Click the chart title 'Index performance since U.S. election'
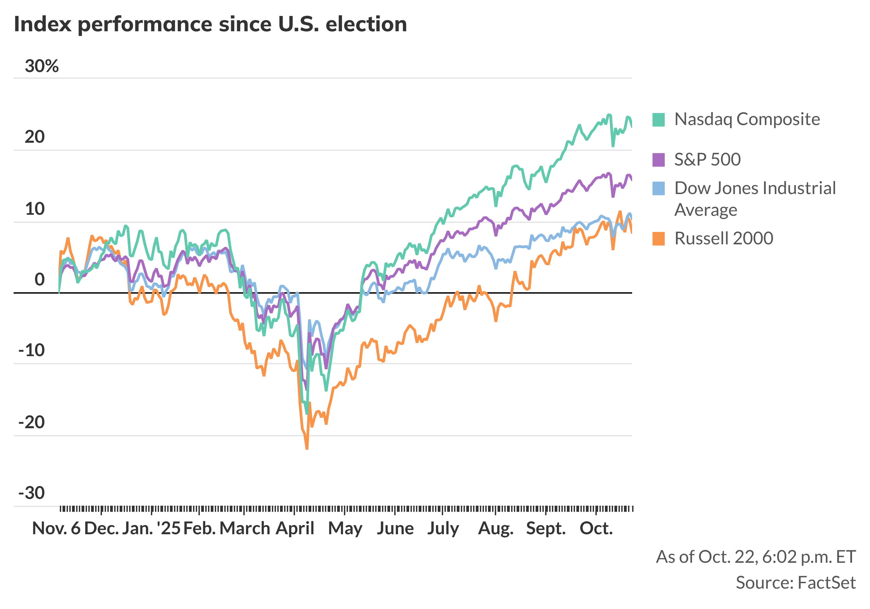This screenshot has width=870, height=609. coord(210,24)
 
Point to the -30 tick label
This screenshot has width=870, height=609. coord(32,493)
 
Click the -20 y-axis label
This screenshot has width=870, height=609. coord(32,422)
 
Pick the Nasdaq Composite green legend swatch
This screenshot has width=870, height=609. coord(659,120)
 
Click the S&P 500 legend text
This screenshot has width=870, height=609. coord(707,159)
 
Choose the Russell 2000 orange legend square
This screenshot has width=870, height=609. coord(659,239)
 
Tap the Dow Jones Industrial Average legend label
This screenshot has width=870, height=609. coord(755,198)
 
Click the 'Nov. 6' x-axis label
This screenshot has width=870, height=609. coord(56,528)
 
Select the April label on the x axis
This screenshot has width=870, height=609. coord(295,528)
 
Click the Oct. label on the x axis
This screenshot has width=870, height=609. coord(596,528)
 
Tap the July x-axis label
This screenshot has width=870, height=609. coord(443,528)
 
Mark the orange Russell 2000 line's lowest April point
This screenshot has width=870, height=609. coord(307,449)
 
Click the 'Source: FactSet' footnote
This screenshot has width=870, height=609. coord(795,582)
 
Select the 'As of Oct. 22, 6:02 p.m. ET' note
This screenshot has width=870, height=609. coord(755,557)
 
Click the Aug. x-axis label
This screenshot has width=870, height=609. coord(495,528)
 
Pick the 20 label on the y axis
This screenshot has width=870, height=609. coord(34,137)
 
